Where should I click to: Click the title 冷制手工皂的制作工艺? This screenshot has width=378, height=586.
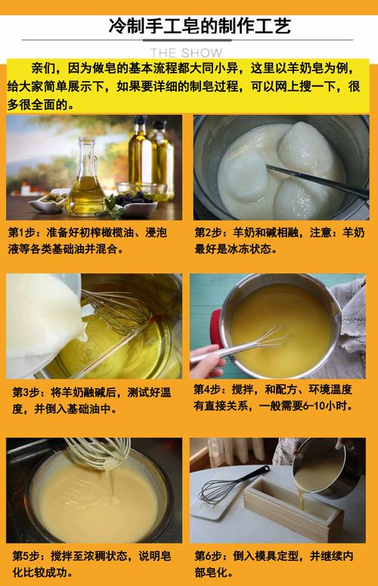pyautogui.click(x=200, y=26)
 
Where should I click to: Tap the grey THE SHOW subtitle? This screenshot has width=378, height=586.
pyautogui.click(x=186, y=53)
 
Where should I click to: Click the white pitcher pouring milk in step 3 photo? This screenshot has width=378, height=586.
pyautogui.click(x=45, y=325)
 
